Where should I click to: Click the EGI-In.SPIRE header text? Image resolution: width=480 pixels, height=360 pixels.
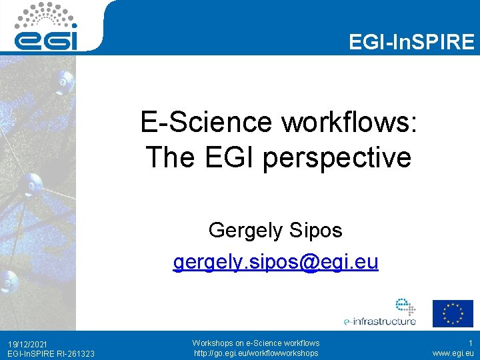pyautogui.click(x=411, y=43)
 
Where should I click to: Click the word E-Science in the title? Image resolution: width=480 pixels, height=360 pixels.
pyautogui.click(x=206, y=123)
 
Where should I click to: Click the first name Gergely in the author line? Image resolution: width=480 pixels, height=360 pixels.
pyautogui.click(x=246, y=231)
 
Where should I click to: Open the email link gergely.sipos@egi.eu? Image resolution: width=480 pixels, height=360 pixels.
pyautogui.click(x=275, y=262)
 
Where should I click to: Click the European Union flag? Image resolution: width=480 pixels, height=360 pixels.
pyautogui.click(x=453, y=313)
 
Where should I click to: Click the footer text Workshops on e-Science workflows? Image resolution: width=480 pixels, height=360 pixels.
pyautogui.click(x=256, y=343)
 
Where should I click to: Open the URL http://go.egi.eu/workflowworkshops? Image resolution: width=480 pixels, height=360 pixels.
pyautogui.click(x=256, y=353)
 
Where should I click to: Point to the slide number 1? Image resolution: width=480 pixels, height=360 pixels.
pyautogui.click(x=469, y=343)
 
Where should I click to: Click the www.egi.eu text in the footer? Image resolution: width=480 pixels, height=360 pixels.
pyautogui.click(x=453, y=353)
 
